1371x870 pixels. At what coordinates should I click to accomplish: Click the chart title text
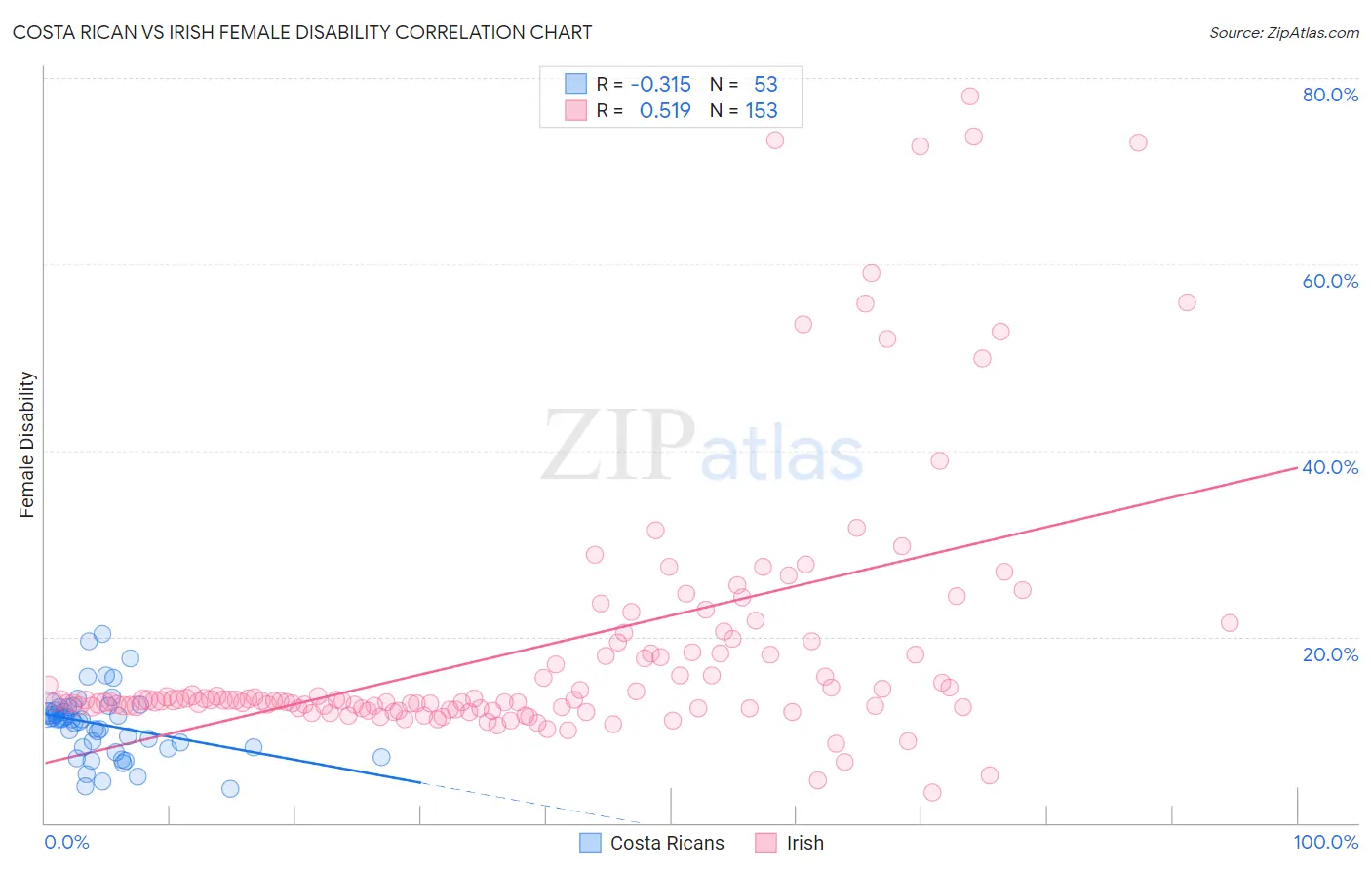click(302, 32)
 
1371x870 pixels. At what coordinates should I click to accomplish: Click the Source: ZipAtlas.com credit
click(1283, 32)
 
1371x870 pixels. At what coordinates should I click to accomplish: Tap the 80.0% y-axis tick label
click(1330, 95)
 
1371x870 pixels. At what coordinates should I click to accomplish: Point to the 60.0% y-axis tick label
click(1330, 281)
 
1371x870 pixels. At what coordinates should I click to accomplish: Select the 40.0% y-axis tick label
click(1330, 467)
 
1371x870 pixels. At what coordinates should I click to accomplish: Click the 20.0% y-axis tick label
click(1330, 654)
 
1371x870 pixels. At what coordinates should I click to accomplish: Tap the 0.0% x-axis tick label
click(66, 842)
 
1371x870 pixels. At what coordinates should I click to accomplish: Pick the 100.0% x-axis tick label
click(1325, 842)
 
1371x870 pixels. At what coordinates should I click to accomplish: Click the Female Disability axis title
click(27, 444)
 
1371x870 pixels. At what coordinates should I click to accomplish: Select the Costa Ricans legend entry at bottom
click(652, 843)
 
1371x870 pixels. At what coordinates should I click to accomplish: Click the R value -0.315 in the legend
click(660, 85)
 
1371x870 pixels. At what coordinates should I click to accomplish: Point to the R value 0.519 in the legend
click(664, 111)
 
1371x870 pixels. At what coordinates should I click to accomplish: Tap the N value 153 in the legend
click(762, 111)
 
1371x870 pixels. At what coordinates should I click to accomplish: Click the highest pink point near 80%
click(969, 96)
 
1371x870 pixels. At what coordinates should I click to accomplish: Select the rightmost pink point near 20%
click(1230, 623)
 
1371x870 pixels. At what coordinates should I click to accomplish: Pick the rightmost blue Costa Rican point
click(381, 757)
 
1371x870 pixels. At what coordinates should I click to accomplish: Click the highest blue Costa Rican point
click(102, 634)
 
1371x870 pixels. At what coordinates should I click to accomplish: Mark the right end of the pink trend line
click(1297, 468)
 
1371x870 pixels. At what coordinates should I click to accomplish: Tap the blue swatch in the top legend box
click(575, 85)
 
